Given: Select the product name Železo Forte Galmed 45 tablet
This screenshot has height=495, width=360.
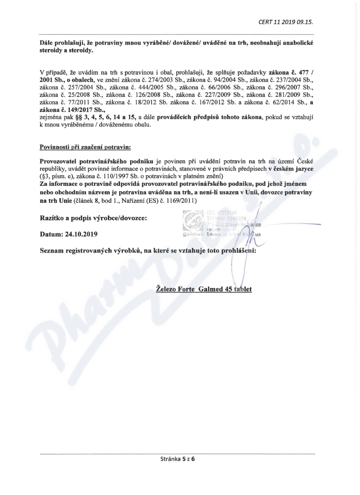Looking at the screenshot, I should click(203, 288).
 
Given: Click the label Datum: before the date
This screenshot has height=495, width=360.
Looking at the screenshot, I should click(53, 234).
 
